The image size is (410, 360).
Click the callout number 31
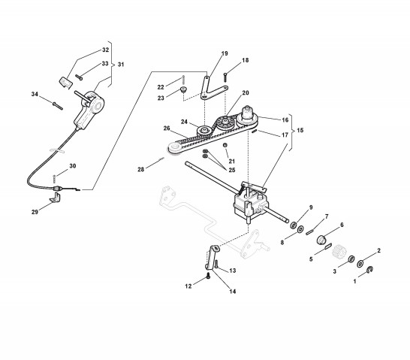coord(121,65)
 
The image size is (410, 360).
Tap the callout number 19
coord(225,53)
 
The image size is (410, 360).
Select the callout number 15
coord(300,130)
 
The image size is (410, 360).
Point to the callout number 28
coord(140,170)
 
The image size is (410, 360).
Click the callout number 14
coord(233,291)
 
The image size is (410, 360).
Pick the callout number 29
coord(35,212)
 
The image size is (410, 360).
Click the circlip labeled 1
coord(370,270)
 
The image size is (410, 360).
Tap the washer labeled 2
coord(360,264)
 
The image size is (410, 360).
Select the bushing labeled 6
coord(321,240)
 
